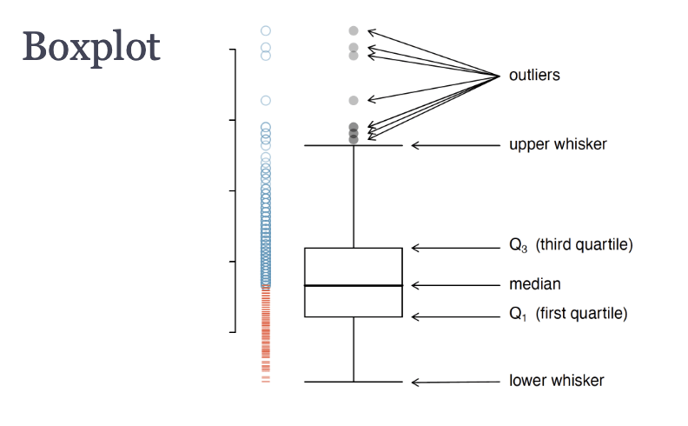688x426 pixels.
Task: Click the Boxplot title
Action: (91, 48)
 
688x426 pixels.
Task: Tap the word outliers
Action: (534, 75)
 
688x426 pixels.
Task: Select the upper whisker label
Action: (558, 144)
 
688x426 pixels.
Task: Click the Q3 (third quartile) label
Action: (571, 245)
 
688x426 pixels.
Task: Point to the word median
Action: (535, 284)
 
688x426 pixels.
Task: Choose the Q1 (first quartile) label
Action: (568, 314)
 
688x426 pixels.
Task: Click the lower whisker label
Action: (556, 381)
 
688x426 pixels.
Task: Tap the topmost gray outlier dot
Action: (354, 30)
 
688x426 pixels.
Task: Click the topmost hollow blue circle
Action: (266, 30)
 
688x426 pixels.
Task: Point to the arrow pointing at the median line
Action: (455, 285)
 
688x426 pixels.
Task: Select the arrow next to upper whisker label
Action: (455, 145)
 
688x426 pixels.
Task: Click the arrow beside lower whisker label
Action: (455, 382)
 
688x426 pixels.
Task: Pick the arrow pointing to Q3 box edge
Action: (455, 248)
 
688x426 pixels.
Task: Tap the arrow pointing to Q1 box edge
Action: (455, 316)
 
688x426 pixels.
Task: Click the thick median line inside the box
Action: (354, 285)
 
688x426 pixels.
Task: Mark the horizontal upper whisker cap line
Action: (354, 145)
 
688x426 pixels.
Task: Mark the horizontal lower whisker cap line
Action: (354, 382)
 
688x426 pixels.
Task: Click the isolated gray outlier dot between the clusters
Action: (354, 101)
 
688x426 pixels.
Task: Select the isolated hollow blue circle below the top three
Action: (266, 101)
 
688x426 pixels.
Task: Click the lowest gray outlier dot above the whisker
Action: (354, 140)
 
